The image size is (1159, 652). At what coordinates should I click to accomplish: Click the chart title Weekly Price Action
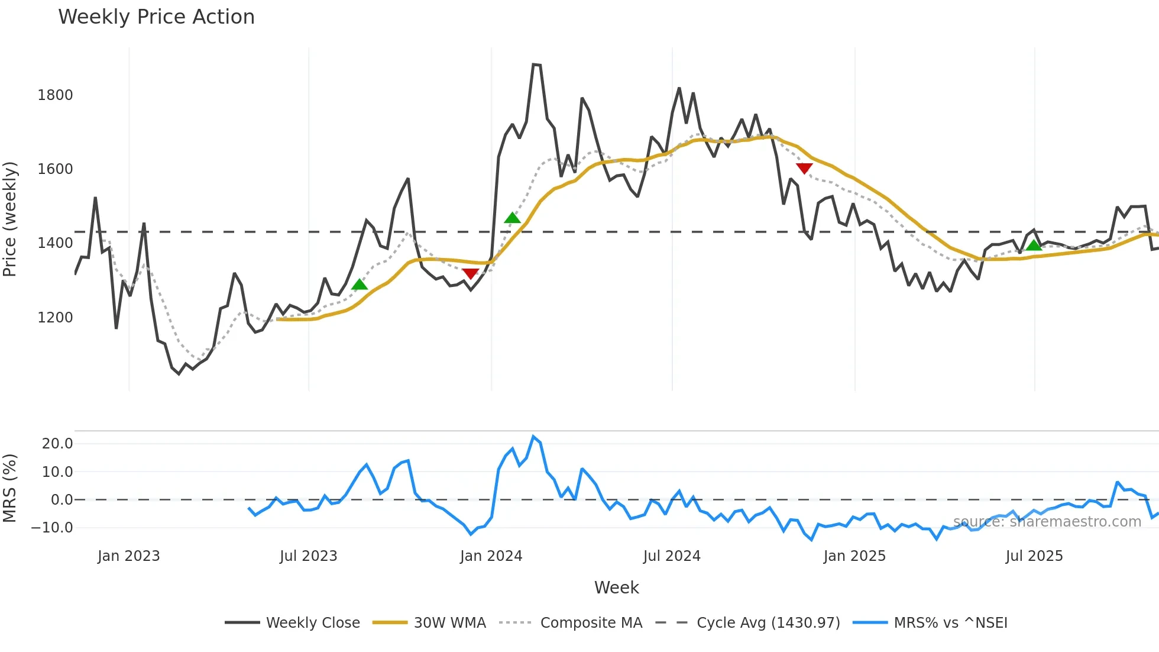pos(156,17)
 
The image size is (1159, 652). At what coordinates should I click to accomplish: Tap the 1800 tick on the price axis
pos(55,95)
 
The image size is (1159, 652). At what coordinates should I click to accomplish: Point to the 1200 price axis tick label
pos(55,318)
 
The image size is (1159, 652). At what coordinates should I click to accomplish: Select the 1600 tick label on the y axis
pos(55,169)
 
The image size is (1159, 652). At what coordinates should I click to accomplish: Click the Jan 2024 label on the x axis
pos(491,556)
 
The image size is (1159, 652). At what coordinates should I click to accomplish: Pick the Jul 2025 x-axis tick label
pos(1034,556)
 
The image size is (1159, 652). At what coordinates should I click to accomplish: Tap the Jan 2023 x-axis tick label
pos(128,556)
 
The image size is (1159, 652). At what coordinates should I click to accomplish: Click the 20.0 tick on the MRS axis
pos(57,444)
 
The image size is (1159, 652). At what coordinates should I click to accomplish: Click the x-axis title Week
pos(616,588)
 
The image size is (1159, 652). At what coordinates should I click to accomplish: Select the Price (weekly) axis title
pos(10,219)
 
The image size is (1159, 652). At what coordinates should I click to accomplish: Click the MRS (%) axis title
pos(10,488)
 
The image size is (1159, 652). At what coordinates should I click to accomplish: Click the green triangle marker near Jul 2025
pos(1033,245)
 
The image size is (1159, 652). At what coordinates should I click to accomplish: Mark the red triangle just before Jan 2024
pos(471,273)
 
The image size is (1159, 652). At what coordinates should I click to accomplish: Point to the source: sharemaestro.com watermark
pos(1047,522)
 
